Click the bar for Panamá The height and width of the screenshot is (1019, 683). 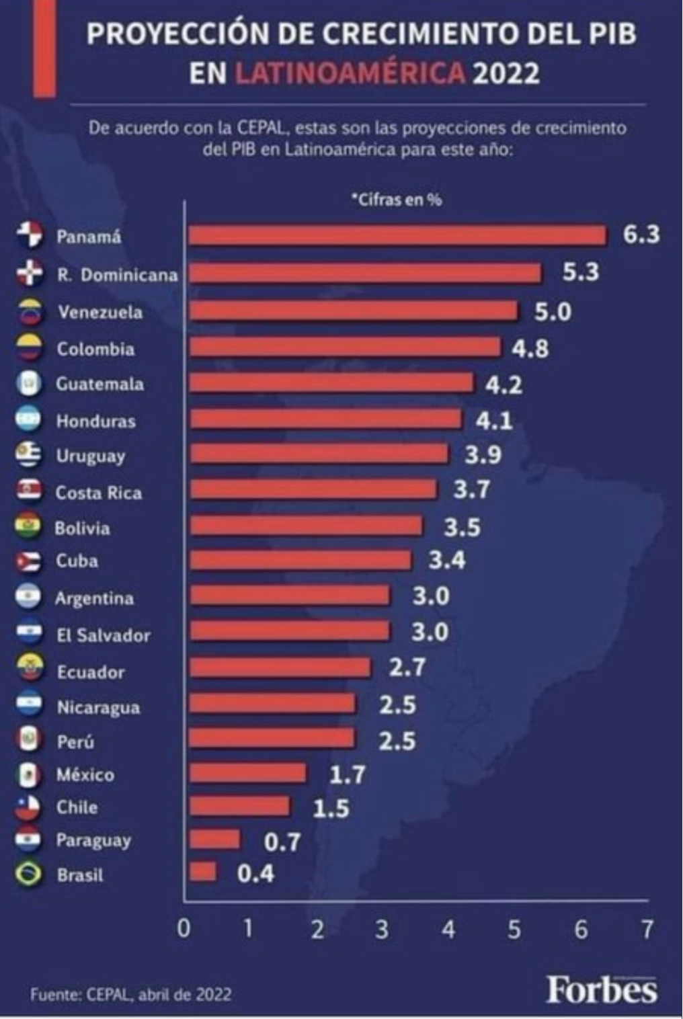(398, 235)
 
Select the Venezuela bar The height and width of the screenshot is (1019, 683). (354, 311)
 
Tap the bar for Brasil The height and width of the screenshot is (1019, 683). (203, 872)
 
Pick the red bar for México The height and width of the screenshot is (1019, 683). (248, 773)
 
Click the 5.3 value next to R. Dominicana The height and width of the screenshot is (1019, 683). (581, 272)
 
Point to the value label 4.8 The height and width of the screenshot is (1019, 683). (530, 349)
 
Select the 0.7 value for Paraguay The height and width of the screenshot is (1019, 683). (282, 842)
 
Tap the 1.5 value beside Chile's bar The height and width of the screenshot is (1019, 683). (331, 809)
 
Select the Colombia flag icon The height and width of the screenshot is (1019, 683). (29, 348)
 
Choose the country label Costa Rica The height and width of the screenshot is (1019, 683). (99, 493)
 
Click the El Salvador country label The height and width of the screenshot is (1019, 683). (104, 635)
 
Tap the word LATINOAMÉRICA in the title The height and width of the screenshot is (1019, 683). (350, 73)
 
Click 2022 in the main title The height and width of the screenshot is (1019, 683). (506, 73)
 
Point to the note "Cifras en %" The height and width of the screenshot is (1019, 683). (397, 200)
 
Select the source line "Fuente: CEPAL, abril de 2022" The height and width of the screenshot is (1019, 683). (131, 994)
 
